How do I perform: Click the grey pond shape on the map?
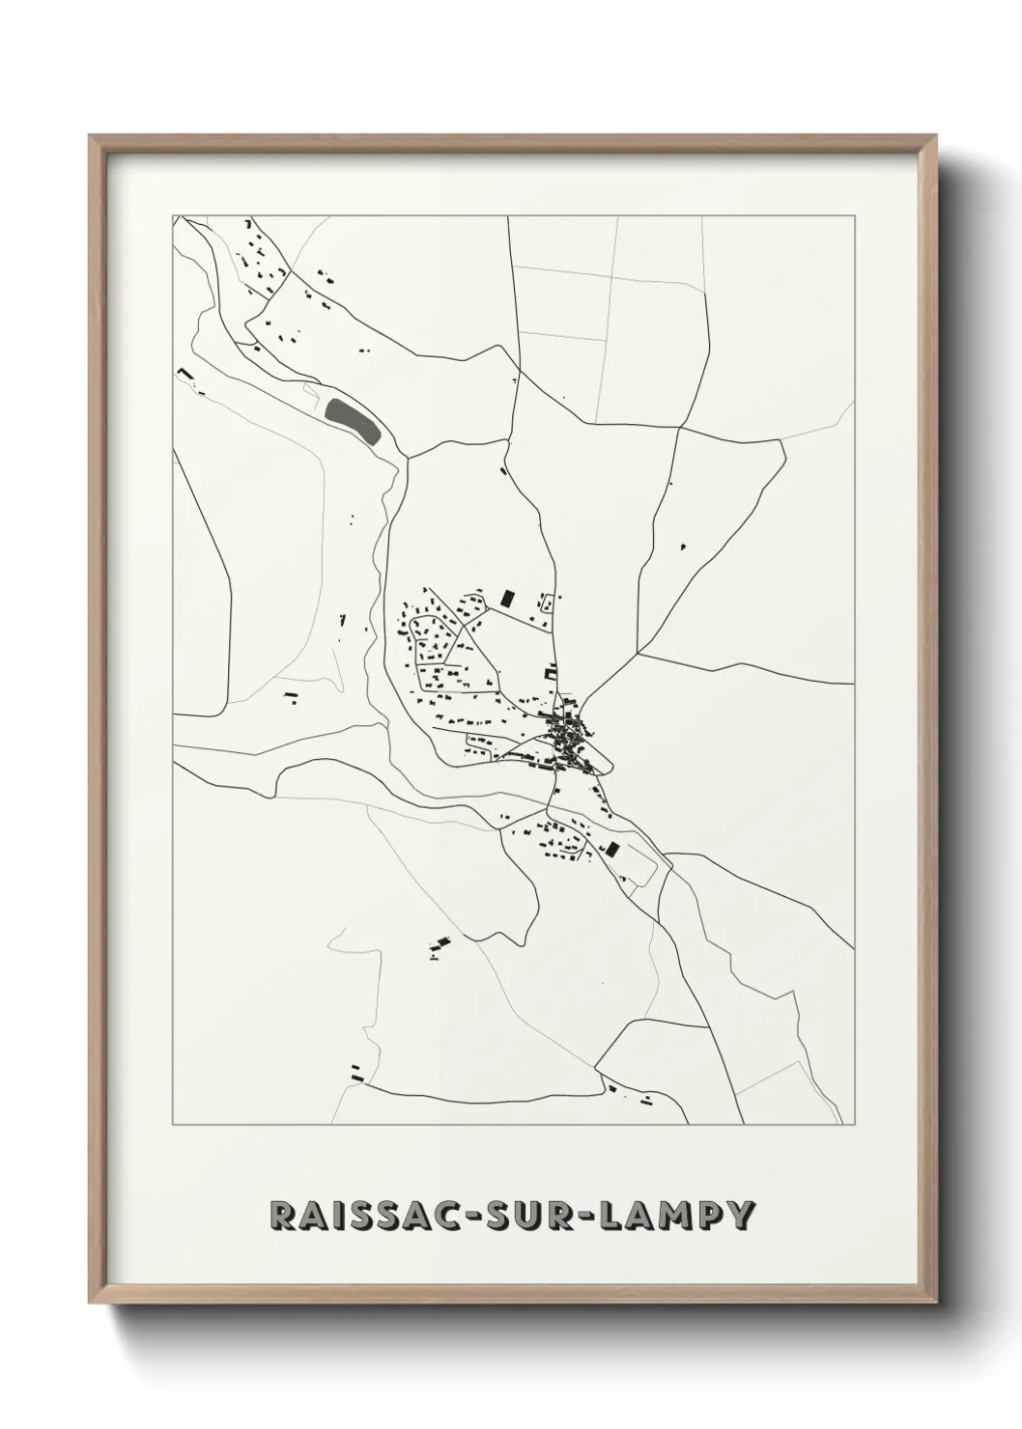point(351,421)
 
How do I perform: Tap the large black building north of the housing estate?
point(506,598)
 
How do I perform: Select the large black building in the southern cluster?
point(610,850)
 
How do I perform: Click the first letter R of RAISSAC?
point(285,1216)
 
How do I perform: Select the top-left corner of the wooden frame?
point(90,136)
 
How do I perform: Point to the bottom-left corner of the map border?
point(173,1125)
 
